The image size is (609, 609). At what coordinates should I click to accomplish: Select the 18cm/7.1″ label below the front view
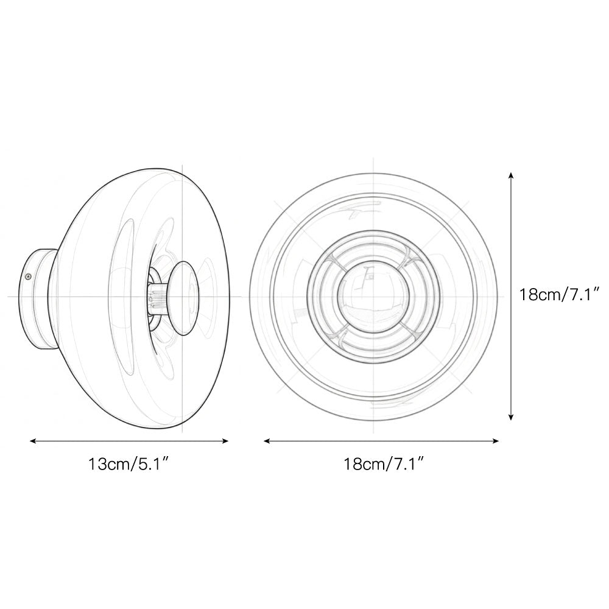383,465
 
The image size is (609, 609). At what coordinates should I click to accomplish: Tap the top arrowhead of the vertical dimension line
510,175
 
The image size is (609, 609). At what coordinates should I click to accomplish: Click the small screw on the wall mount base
27,276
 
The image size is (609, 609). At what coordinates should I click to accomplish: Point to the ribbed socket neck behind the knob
157,297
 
